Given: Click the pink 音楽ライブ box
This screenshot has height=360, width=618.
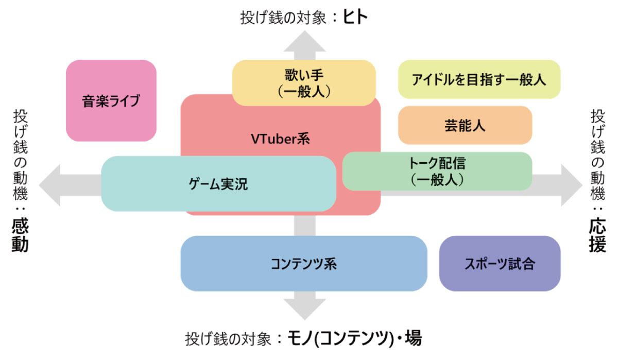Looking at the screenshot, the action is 111,101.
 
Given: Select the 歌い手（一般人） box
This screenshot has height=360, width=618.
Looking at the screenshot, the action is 304,83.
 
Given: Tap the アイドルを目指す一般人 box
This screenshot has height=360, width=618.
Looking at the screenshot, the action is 479,79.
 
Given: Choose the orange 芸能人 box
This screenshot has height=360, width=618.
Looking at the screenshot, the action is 465,125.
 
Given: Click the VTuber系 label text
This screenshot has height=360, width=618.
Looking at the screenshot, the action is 280,139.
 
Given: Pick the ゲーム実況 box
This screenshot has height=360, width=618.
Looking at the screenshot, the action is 218,184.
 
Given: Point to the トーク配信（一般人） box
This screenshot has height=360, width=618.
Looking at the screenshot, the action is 437,171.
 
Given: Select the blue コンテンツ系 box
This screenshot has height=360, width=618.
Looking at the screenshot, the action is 304,264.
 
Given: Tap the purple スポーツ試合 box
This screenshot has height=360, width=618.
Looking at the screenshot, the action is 500,264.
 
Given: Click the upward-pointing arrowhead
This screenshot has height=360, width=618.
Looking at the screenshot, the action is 304,41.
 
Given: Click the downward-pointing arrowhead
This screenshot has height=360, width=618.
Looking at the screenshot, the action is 304,309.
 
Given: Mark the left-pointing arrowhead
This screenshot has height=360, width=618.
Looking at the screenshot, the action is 49,185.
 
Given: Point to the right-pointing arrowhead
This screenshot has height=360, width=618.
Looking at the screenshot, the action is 572,185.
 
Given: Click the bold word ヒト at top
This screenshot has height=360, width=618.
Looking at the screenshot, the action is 355,17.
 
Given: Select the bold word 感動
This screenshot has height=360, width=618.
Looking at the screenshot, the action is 20,235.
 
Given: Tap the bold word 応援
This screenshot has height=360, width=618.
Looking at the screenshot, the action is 597,235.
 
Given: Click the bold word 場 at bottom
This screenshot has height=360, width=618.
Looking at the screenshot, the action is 413,338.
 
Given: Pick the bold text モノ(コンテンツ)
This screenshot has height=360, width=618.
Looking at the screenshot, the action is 340,338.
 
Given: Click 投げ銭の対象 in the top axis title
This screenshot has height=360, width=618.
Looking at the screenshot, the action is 283,18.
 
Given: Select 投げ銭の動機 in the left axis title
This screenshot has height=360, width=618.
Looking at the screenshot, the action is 21,155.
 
